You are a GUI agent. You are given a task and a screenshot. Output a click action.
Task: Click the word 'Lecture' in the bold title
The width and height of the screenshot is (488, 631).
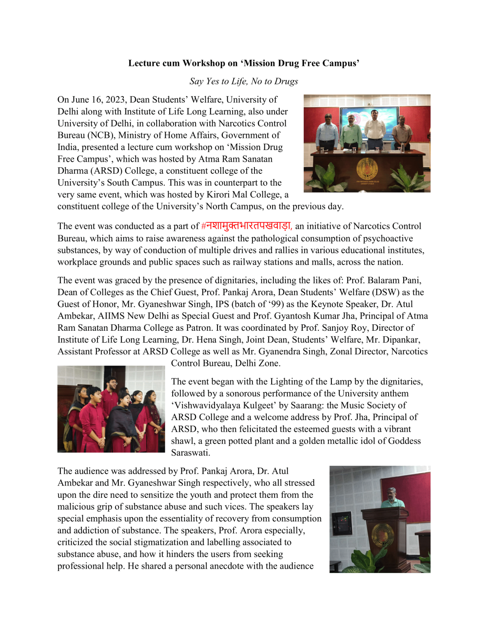pos(143,63)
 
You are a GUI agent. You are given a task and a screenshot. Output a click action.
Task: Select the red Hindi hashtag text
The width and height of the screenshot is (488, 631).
pos(247,226)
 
